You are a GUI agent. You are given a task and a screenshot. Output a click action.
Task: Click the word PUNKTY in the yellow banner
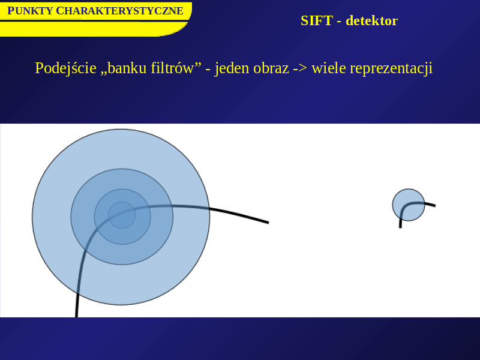pos(30,11)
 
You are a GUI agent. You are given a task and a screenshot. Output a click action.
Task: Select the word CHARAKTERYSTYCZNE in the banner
pos(119,11)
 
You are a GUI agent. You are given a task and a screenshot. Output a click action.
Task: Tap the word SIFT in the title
pos(317,21)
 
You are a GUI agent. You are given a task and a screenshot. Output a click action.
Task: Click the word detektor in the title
pos(371,21)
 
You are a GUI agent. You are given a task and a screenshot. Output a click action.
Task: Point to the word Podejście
pos(66,68)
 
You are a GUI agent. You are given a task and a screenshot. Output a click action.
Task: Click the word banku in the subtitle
pos(127,68)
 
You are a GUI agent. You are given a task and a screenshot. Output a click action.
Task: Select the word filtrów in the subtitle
pos(172,68)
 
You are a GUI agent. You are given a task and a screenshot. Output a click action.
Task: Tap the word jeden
pos(232,68)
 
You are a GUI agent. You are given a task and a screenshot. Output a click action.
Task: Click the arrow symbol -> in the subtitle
pos(300,68)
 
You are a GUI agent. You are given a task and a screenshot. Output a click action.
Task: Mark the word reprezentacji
pos(391,68)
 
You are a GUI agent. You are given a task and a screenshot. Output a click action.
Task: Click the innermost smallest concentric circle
pos(122,215)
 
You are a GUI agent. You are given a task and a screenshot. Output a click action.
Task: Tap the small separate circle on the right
pos(409,205)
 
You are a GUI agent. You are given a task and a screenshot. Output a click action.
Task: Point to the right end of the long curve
pos(268,223)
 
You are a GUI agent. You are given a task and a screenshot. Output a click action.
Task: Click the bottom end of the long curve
pos(76,317)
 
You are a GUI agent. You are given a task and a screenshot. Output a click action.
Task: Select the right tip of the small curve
pos(435,206)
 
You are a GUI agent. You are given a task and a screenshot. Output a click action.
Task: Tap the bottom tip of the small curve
pos(400,227)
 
